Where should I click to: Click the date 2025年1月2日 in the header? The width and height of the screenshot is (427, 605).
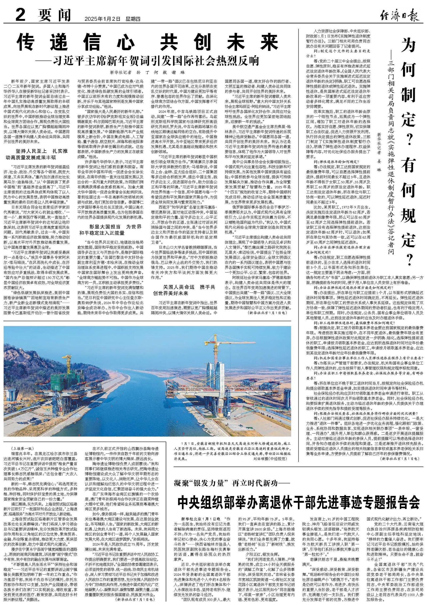[x=102, y=19]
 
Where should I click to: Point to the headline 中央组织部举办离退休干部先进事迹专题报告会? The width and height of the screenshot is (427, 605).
[x=299, y=503]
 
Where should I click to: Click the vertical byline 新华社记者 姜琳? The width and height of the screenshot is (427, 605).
[x=379, y=152]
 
